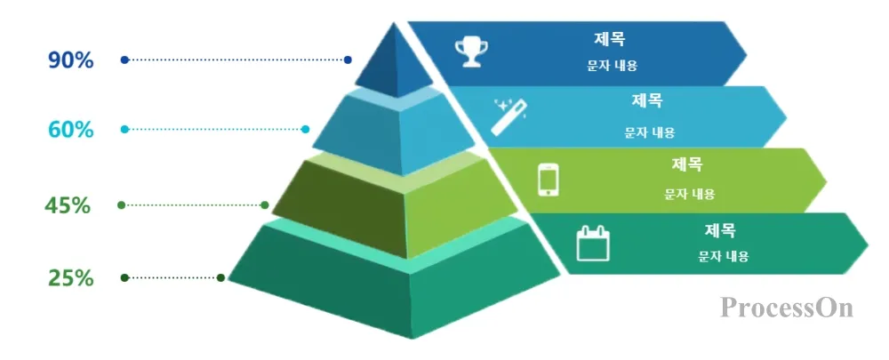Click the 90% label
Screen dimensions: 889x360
pyautogui.click(x=71, y=60)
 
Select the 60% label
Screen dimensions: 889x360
pyautogui.click(x=71, y=130)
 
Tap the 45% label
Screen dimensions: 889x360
pyautogui.click(x=68, y=205)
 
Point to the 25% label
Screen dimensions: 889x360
pyautogui.click(x=71, y=278)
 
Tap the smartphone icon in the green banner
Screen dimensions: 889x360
pyautogui.click(x=549, y=178)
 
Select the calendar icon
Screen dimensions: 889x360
pyautogui.click(x=593, y=243)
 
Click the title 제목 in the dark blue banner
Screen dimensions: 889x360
pyautogui.click(x=610, y=39)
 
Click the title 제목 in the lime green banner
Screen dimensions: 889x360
pyautogui.click(x=687, y=164)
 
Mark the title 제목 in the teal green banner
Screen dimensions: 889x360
pyautogui.click(x=720, y=230)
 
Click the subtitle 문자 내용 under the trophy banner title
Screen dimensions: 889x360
pyautogui.click(x=612, y=66)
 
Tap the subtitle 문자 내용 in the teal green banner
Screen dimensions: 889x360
pyautogui.click(x=724, y=257)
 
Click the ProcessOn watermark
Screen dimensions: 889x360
pyautogui.click(x=787, y=308)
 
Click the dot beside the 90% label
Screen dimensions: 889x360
pyautogui.click(x=124, y=60)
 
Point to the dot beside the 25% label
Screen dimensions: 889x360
pyautogui.click(x=124, y=278)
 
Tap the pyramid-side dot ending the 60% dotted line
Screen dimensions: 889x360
pyautogui.click(x=306, y=130)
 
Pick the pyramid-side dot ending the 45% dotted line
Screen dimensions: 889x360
pyautogui.click(x=265, y=205)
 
